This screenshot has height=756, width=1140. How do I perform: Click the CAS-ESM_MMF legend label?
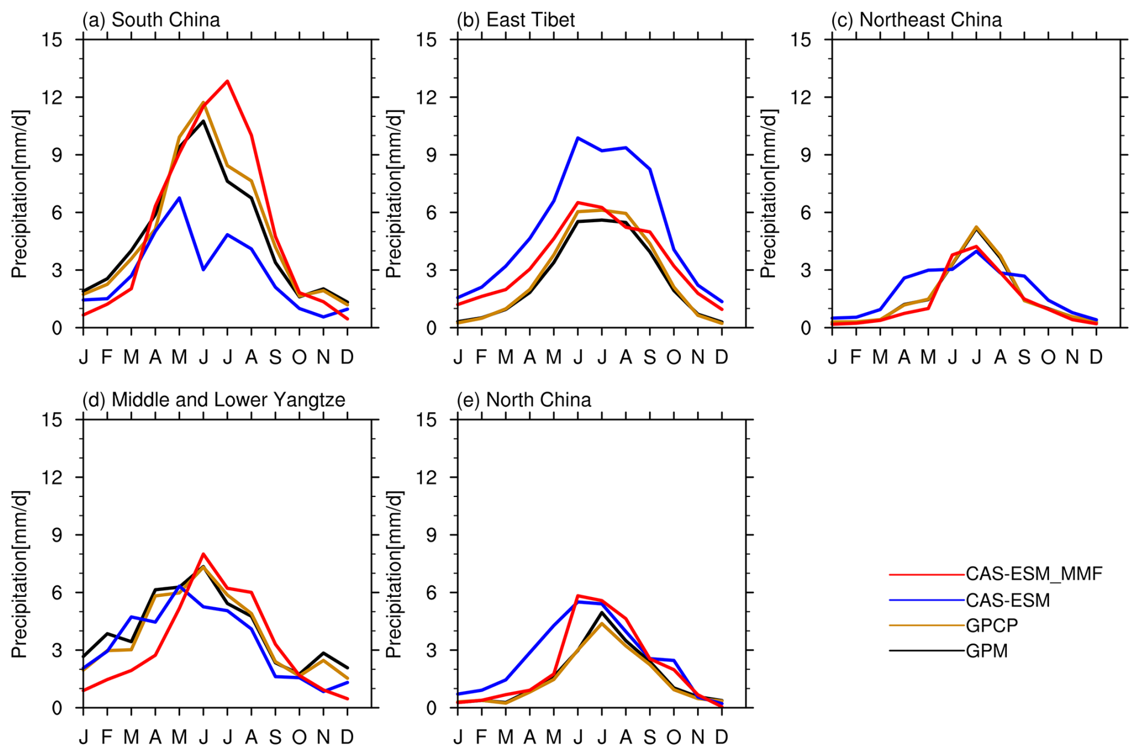click(x=1033, y=574)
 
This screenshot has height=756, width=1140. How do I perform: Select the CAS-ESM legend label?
click(x=1007, y=601)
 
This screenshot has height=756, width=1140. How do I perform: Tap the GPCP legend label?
click(x=991, y=626)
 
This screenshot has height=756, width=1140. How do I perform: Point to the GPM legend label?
click(x=986, y=651)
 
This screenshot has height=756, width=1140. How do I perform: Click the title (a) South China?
click(x=151, y=20)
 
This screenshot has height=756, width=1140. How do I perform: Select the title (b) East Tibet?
click(x=515, y=20)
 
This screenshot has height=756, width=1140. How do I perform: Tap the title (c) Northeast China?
click(x=916, y=20)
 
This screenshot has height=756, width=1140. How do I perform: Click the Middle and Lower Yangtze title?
click(x=214, y=400)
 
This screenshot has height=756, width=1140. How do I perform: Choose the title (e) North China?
click(x=524, y=400)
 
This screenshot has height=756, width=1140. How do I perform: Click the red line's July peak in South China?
click(x=227, y=81)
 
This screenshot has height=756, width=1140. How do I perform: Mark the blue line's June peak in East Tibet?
click(x=578, y=138)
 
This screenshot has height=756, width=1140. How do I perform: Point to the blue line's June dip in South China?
click(x=204, y=269)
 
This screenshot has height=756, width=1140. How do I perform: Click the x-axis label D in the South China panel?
click(x=347, y=357)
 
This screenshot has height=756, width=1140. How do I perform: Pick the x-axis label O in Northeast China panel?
click(x=1048, y=357)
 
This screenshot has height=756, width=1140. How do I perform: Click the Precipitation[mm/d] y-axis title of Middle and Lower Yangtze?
click(x=19, y=573)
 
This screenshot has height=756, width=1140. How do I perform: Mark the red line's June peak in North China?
click(x=578, y=596)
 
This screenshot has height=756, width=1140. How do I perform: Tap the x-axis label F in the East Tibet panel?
click(x=481, y=357)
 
